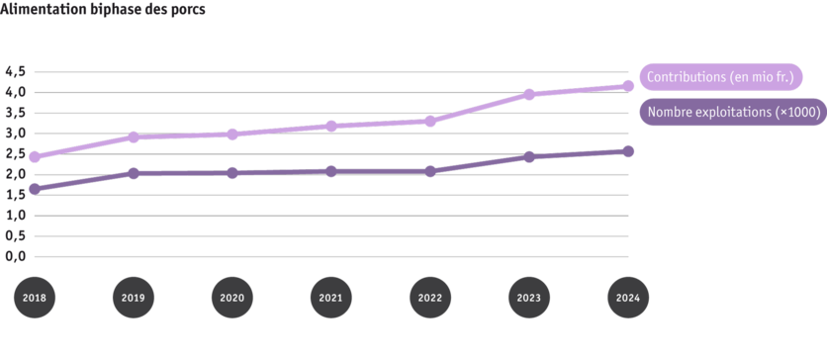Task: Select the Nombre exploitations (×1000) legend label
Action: [x=732, y=114]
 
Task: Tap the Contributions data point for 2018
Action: [x=34, y=157]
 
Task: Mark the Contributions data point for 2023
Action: [x=529, y=95]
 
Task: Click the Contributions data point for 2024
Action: [x=627, y=86]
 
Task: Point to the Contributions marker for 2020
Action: [x=231, y=134]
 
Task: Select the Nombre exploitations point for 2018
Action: [x=34, y=189]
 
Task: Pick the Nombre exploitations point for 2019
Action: [x=133, y=173]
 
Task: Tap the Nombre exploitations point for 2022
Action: [x=429, y=171]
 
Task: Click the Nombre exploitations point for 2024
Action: [x=627, y=150]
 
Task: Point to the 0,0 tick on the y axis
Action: [x=15, y=257]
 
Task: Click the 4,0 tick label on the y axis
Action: [x=15, y=92]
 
